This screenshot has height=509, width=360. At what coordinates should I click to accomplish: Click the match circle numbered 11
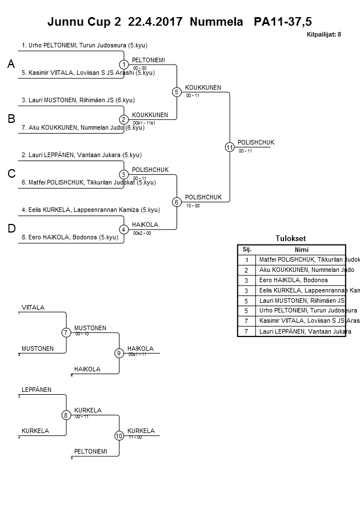click(x=229, y=147)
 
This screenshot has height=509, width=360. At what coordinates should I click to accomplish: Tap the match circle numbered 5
click(x=177, y=92)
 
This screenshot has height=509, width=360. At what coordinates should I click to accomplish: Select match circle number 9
click(x=119, y=353)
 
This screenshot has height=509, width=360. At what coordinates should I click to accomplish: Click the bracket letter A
click(x=10, y=65)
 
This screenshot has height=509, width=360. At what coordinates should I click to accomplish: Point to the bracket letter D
click(x=11, y=229)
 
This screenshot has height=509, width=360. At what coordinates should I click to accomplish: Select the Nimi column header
click(x=301, y=250)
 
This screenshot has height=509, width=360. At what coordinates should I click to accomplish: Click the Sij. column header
click(x=247, y=250)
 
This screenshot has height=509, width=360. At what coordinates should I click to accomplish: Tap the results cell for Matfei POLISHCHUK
click(x=301, y=259)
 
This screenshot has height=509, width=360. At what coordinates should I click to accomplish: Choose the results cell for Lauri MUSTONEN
click(x=301, y=300)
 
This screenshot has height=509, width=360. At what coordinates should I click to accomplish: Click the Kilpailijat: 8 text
click(x=323, y=35)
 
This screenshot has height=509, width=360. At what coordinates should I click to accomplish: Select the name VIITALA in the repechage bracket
click(x=33, y=307)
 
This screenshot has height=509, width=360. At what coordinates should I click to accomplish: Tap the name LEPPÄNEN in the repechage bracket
click(x=37, y=390)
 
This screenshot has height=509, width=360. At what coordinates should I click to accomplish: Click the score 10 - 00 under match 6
click(x=193, y=206)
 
